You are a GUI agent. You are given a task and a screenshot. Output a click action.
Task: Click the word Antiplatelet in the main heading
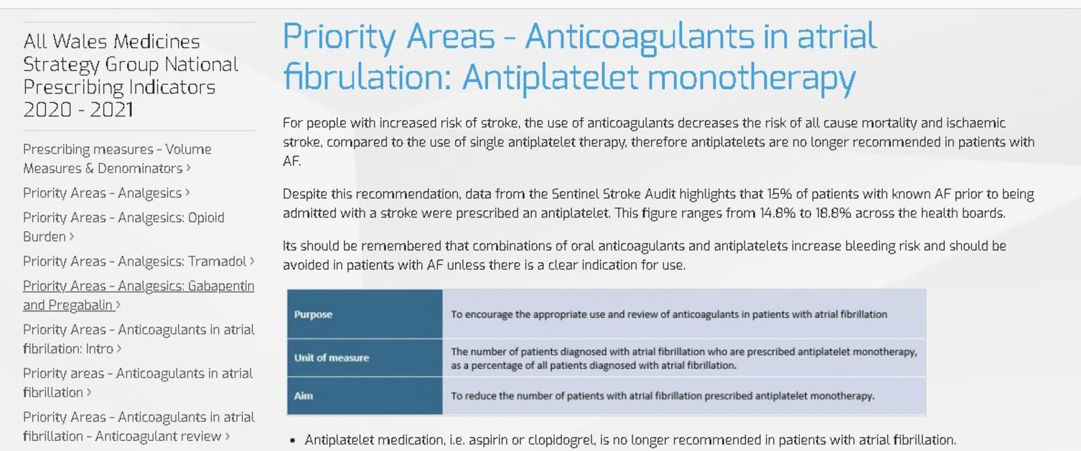click(x=550, y=78)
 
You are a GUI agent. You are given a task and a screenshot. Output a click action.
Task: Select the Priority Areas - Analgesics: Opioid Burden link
click(x=123, y=227)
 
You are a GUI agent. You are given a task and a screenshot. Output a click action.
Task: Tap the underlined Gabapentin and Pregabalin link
click(x=139, y=295)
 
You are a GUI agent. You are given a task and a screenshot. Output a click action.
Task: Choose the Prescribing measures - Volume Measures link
click(x=117, y=159)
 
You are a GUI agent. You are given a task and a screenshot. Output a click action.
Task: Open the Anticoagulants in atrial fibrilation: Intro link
click(x=139, y=339)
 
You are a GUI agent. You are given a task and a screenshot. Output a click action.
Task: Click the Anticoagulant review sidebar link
click(x=139, y=427)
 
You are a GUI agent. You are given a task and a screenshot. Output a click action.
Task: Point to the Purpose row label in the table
click(x=313, y=315)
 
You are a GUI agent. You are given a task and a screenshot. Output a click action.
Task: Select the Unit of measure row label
click(x=332, y=358)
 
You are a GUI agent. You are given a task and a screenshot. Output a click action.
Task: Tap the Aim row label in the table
click(x=304, y=396)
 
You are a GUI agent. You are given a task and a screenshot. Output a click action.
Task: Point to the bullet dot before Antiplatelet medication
click(x=292, y=440)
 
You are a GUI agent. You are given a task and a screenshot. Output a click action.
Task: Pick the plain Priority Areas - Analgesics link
click(x=103, y=193)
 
